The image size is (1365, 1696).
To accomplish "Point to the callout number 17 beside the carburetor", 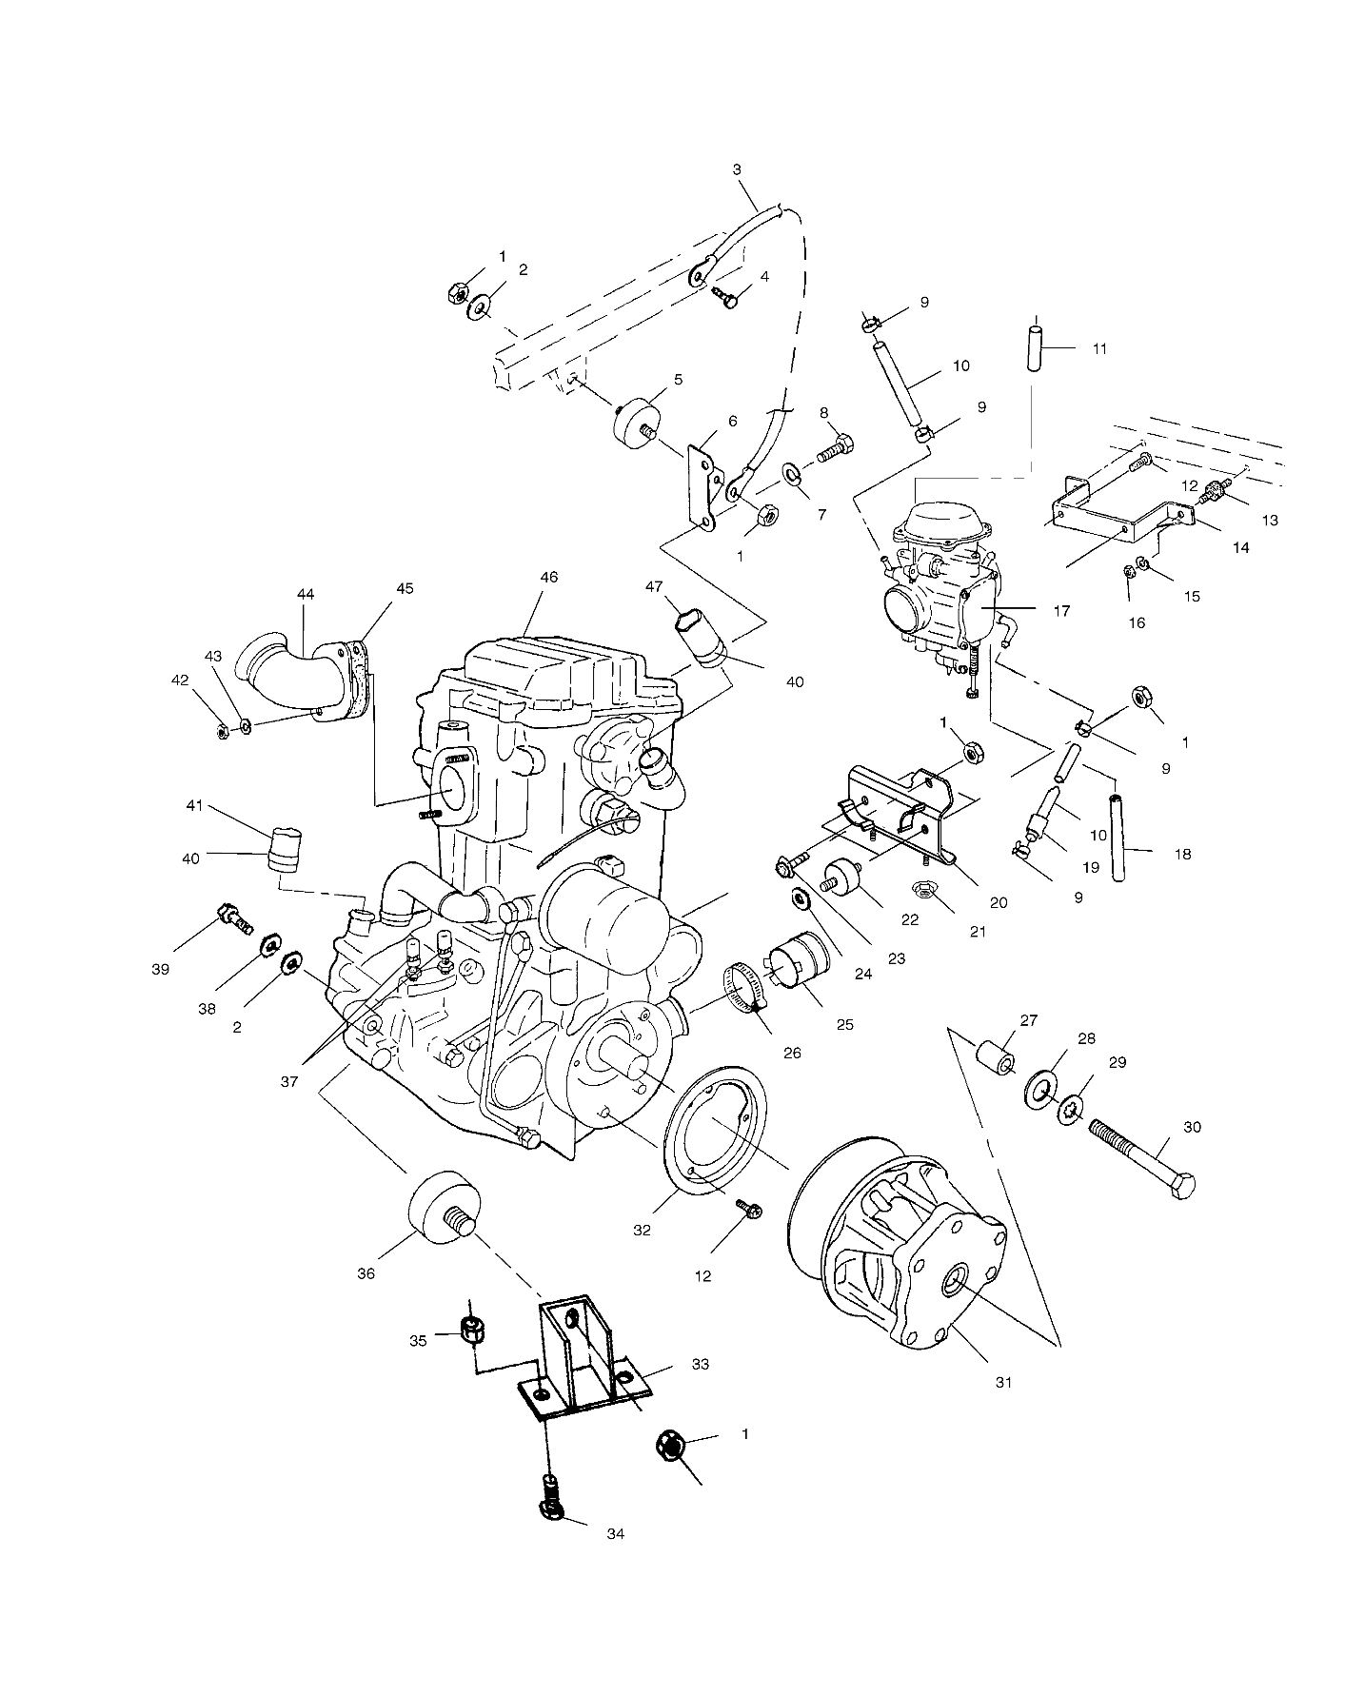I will [x=1062, y=610].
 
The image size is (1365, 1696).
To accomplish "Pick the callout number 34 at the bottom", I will [x=615, y=1560].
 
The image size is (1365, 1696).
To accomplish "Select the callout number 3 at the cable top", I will [x=736, y=170].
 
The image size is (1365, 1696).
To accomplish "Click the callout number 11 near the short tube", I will [x=1099, y=348].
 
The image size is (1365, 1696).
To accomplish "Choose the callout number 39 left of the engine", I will [x=160, y=969].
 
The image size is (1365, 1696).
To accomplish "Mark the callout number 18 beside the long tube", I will [x=1182, y=854].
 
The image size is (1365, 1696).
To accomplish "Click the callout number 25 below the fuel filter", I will [x=844, y=1024].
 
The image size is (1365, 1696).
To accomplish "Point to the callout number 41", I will [x=194, y=806].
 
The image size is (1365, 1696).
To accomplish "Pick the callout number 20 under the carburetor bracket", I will [x=998, y=902].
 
